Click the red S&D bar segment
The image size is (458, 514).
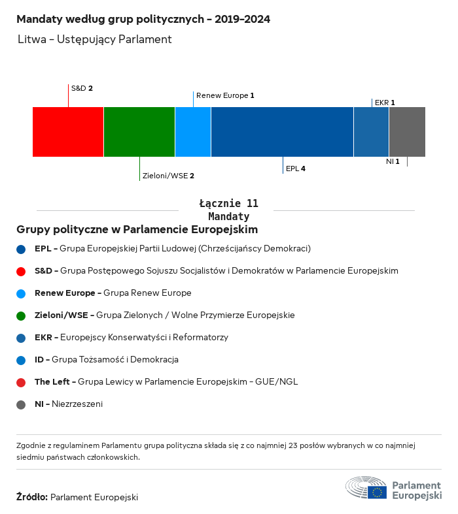[x=68, y=132]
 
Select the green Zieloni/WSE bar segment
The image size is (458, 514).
[x=139, y=132]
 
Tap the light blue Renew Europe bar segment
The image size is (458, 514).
[x=193, y=132]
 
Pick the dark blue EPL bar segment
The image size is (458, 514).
[x=282, y=132]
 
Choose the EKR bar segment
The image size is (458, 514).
[x=371, y=132]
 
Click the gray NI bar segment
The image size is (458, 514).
[x=407, y=132]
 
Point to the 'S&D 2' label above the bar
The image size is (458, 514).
[x=82, y=88]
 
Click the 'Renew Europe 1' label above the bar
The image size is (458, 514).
[x=225, y=95]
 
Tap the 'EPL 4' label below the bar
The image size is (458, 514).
[x=296, y=169]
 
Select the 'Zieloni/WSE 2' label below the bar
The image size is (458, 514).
[x=168, y=176]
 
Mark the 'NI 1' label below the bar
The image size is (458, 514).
[x=393, y=161]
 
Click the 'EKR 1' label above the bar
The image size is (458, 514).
[x=385, y=103]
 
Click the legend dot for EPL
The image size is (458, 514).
[x=22, y=249]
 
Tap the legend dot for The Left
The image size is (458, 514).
[x=22, y=382]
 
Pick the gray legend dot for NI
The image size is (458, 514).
[x=22, y=404]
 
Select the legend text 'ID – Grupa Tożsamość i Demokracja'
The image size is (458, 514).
[x=107, y=360]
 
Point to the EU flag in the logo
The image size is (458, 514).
[x=377, y=492]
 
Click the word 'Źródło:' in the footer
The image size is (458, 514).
[x=31, y=497]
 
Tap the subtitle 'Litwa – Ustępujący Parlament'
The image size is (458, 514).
[x=95, y=39]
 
